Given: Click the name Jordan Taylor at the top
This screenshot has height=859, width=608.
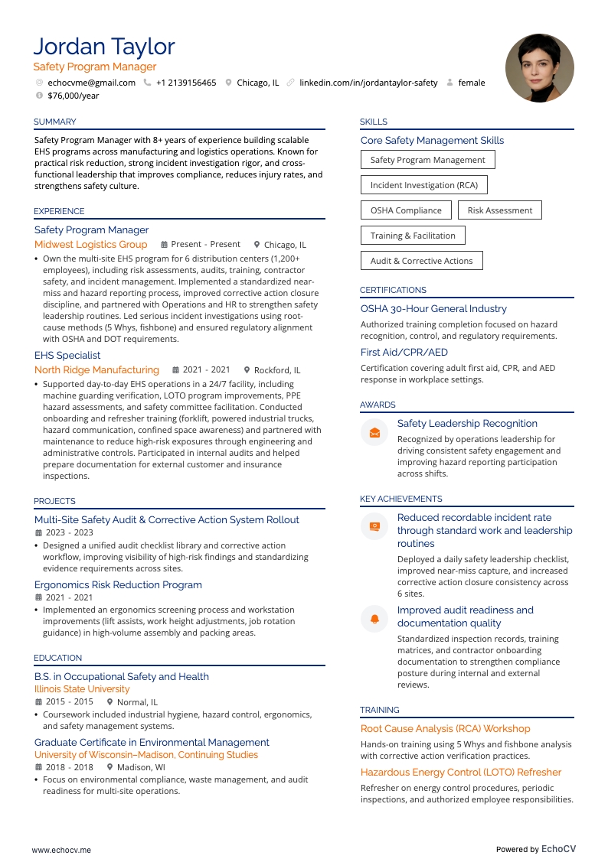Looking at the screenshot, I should (104, 47).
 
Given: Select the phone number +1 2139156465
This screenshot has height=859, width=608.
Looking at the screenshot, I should (186, 83).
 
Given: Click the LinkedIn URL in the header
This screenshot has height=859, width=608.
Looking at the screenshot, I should (368, 83).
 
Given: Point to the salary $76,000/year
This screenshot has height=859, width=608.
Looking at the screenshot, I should (73, 96).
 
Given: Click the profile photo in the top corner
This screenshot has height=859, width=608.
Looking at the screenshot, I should (539, 68).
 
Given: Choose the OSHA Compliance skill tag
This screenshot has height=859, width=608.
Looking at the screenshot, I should (406, 210).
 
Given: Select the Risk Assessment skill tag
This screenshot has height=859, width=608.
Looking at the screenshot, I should (499, 210).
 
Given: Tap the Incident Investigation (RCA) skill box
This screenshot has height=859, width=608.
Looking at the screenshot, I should (423, 185).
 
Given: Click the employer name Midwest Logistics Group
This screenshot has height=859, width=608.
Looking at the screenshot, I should (90, 245).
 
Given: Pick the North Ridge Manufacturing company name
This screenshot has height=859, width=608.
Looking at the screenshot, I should (96, 370).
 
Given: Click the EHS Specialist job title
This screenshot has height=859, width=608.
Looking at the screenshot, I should (67, 356).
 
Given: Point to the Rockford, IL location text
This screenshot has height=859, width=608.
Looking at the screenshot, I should (277, 370).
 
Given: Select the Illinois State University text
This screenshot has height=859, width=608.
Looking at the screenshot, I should (82, 689).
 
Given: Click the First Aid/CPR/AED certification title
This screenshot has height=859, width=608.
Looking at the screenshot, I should (404, 353).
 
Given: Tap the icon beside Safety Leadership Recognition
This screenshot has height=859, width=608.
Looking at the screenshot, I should (374, 432).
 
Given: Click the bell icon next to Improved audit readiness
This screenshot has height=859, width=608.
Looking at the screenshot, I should (374, 618).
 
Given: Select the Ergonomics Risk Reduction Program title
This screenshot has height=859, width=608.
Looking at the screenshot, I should (118, 585).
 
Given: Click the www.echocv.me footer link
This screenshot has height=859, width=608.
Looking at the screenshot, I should (61, 828).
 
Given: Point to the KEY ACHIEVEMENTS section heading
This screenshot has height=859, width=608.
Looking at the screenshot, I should (400, 499).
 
